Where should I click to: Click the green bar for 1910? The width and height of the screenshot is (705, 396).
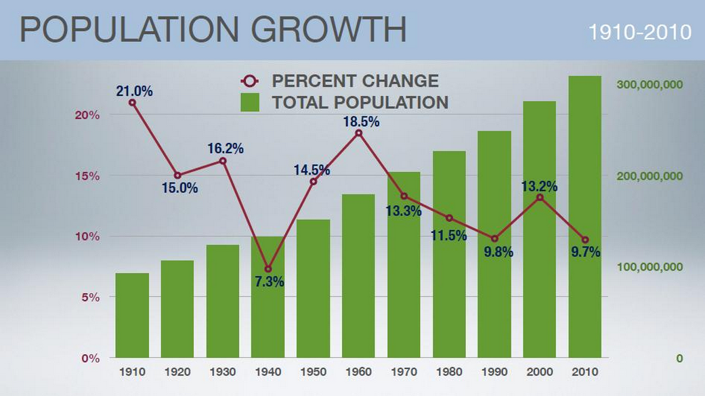132,315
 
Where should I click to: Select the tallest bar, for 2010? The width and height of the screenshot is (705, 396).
584,217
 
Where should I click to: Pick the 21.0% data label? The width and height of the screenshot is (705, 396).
134,90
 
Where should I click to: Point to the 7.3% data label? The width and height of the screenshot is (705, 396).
270,282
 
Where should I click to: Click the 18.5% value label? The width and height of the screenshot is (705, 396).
362,123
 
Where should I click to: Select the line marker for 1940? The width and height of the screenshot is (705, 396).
268,269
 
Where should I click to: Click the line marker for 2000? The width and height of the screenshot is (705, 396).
540,198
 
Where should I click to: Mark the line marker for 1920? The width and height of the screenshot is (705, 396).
177,175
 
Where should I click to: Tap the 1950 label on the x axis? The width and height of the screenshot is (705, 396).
313,372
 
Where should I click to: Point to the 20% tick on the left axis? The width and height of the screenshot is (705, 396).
87,115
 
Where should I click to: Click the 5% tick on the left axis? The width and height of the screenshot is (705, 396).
90,297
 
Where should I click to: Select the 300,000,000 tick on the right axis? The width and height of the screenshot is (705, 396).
651,85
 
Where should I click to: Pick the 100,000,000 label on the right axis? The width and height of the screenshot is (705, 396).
651,267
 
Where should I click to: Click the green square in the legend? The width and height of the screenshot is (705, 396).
251,102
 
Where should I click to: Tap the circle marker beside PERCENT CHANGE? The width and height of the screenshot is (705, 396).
250,81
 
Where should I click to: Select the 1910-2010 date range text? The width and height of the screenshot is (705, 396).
639,32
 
